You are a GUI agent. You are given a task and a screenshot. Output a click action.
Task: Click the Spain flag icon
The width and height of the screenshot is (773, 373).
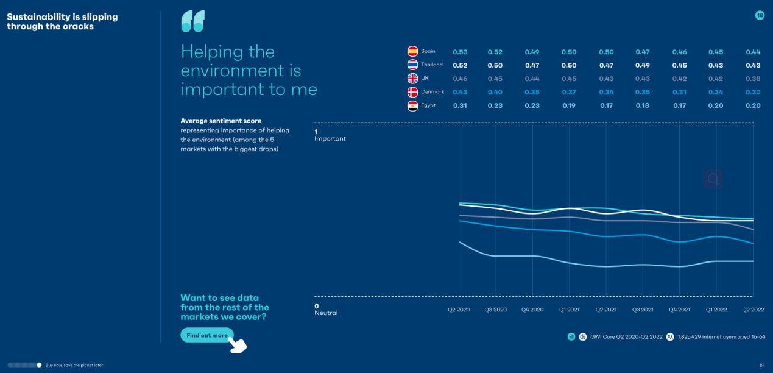[412, 52]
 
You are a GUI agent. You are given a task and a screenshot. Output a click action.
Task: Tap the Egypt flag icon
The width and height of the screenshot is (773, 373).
[412, 106]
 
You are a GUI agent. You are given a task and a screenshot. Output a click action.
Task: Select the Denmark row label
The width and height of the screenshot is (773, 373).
[432, 92]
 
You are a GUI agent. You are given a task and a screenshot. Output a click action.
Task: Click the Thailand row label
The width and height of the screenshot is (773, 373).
[432, 65]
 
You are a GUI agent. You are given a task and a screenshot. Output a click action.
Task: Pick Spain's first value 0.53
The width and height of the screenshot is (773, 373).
[460, 52]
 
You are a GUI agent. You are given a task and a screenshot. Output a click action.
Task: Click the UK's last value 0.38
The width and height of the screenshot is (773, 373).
[753, 79]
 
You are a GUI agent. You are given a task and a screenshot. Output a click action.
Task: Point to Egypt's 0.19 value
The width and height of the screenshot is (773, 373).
[570, 106]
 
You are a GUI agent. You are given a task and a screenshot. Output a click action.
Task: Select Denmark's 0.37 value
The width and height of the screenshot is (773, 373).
[570, 93]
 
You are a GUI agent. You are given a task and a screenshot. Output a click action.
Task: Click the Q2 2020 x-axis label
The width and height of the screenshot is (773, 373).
[459, 310]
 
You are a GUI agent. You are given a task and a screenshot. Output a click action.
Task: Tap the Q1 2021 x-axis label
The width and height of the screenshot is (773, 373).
[570, 310]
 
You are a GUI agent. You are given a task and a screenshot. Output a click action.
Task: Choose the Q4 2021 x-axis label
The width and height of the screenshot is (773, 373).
[679, 310]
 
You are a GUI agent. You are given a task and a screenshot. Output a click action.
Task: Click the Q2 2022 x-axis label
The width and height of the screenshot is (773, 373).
[753, 310]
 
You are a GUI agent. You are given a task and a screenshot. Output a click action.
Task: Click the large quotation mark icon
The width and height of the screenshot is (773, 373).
[192, 21]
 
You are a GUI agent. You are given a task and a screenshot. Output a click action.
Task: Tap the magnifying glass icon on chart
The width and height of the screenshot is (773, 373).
[713, 179]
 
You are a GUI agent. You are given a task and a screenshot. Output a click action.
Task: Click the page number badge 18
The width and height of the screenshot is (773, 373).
[760, 15]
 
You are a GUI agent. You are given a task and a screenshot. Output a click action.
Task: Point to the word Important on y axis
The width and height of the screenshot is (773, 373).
[330, 139]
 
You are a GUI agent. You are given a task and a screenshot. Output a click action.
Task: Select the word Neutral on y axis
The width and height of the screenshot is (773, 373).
[326, 313]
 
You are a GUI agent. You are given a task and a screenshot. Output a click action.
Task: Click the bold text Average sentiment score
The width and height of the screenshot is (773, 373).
[221, 121]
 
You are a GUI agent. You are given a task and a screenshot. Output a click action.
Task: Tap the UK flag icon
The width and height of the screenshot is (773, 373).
[412, 79]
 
